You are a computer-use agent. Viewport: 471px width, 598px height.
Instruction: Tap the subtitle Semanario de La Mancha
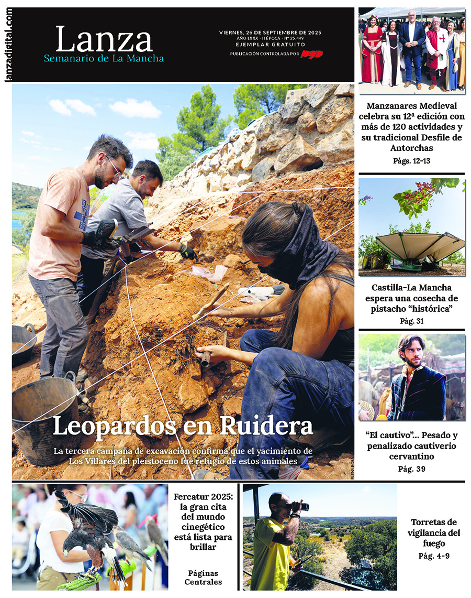(104, 58)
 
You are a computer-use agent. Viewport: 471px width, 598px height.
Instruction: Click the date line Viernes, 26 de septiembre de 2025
(270, 32)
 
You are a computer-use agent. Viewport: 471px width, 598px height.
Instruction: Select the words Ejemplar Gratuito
(270, 45)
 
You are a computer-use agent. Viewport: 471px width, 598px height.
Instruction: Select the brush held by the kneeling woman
(209, 303)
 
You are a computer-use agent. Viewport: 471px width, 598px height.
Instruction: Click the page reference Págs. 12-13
(411, 161)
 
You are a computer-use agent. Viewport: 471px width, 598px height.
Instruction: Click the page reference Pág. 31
(411, 321)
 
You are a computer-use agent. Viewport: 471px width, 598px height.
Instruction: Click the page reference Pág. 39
(411, 469)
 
